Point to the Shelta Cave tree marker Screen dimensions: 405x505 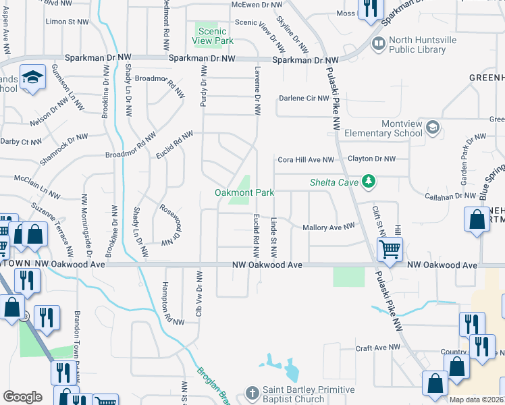point(368,181)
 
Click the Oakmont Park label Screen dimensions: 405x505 point(244,192)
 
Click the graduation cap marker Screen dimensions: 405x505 point(32,78)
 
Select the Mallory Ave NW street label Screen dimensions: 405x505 point(329,228)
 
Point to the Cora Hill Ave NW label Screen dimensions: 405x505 point(306,160)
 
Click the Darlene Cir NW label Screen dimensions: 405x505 point(304,98)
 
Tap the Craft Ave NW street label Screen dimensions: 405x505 point(378,347)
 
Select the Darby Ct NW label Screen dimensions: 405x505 point(22,142)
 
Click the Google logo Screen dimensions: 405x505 point(22,397)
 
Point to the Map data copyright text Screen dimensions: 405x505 point(477,400)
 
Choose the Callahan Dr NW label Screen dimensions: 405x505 point(451,195)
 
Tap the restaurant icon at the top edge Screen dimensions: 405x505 point(370,8)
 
